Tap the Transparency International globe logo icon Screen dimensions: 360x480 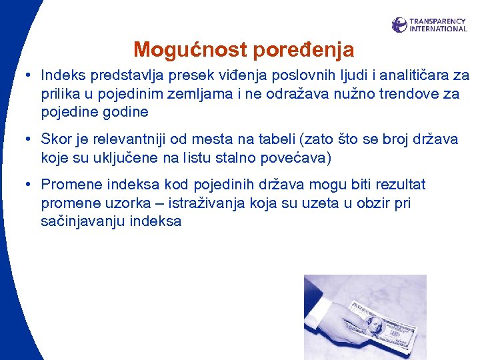pos(399,25)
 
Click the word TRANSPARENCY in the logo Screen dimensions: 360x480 pos(438,21)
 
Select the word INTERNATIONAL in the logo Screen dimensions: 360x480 pos(438,29)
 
